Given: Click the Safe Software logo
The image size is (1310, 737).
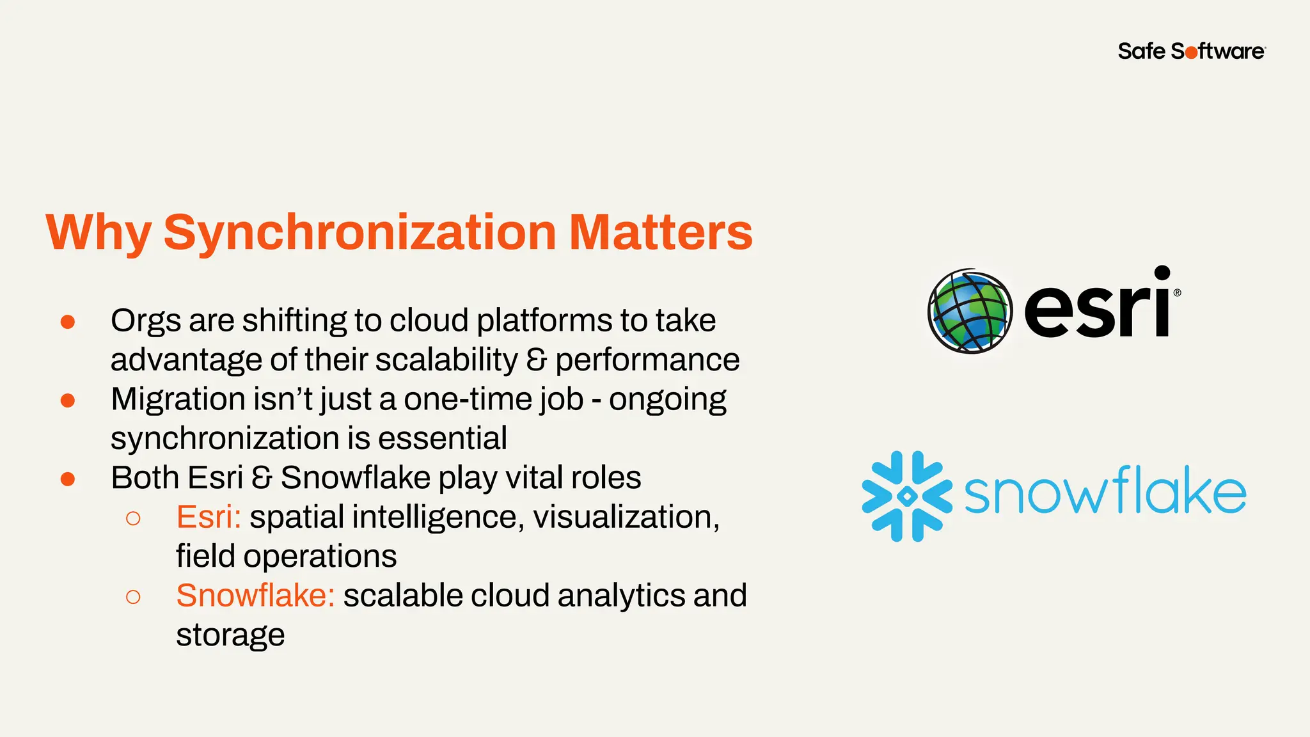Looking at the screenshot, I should (x=1191, y=51).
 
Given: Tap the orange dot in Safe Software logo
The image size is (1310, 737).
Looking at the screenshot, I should (x=1191, y=53).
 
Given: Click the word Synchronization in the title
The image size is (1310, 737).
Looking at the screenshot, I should (x=359, y=233).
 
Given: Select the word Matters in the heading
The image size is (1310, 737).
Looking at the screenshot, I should (x=660, y=232).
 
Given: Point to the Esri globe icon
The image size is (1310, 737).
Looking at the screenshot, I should (x=970, y=312).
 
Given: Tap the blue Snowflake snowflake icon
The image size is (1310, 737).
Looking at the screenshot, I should (x=906, y=496).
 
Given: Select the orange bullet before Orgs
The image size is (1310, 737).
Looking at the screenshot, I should (x=68, y=322).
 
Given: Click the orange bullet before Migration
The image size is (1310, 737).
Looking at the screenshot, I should (x=68, y=400).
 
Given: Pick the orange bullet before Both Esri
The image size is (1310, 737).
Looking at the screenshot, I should (x=68, y=479).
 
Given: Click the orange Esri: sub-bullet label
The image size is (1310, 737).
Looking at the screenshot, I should (x=209, y=517).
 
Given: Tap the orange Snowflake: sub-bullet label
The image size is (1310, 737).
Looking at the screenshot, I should (x=255, y=596).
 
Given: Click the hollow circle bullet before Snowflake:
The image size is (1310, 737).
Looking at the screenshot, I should (x=133, y=597).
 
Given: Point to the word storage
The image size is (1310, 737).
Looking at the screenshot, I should (x=230, y=636).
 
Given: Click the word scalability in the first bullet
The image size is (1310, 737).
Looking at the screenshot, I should (x=446, y=360).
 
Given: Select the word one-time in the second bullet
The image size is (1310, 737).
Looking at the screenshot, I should (x=471, y=400).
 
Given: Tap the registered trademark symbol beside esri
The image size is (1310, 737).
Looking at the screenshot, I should (x=1178, y=293).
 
